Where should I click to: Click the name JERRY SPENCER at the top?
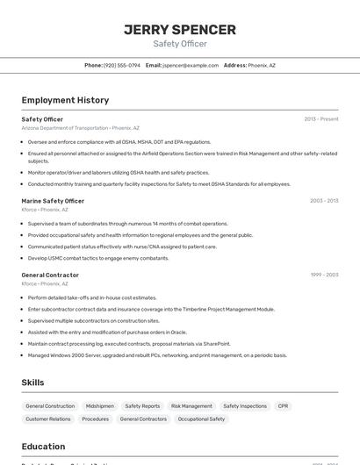(x=180, y=30)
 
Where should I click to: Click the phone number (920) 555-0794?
(x=122, y=65)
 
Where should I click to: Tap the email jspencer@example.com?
(x=190, y=65)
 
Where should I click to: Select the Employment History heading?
(x=65, y=100)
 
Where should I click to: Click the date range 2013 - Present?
(x=320, y=119)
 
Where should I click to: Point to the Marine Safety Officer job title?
(x=53, y=201)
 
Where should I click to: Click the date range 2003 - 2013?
(x=323, y=201)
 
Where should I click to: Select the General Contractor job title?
(x=50, y=275)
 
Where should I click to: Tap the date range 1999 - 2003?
(x=323, y=275)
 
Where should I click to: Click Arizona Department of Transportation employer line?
(x=80, y=128)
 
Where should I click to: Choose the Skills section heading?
(x=32, y=383)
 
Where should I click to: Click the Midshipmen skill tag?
(x=99, y=406)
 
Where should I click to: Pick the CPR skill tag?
(x=283, y=406)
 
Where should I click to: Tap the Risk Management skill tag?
(x=191, y=406)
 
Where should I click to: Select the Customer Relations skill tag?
(x=48, y=419)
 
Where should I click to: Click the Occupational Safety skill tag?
(x=201, y=419)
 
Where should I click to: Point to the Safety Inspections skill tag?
(x=245, y=406)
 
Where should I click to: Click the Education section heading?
(x=43, y=446)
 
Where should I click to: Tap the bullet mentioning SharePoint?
(x=129, y=344)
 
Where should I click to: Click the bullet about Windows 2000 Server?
(x=157, y=355)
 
